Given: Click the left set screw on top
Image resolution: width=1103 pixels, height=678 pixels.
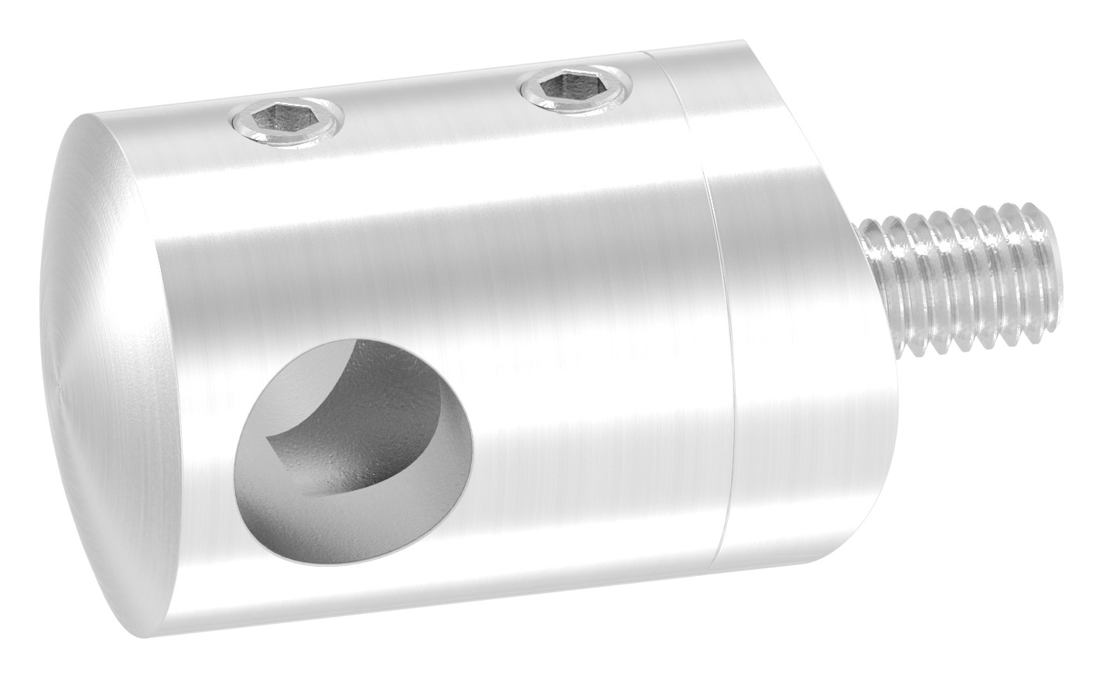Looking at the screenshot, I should (285, 123).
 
